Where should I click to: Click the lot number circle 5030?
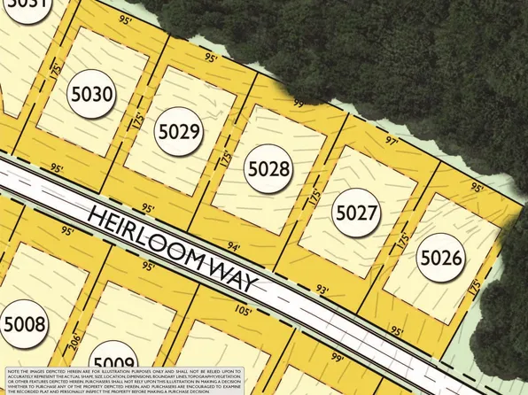pyautogui.click(x=92, y=94)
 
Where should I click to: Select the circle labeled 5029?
pyautogui.click(x=179, y=132)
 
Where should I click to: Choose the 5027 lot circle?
pyautogui.click(x=357, y=213)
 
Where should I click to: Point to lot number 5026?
pyautogui.click(x=441, y=259)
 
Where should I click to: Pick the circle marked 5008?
pyautogui.click(x=24, y=324)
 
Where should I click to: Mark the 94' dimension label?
pyautogui.click(x=234, y=246)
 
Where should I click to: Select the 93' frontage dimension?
pyautogui.click(x=322, y=289)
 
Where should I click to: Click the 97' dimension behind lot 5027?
pyautogui.click(x=392, y=141)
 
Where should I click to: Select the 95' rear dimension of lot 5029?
pyautogui.click(x=210, y=58)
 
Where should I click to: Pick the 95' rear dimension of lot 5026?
pyautogui.click(x=478, y=188)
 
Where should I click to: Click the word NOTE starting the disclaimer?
pyautogui.click(x=15, y=371)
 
